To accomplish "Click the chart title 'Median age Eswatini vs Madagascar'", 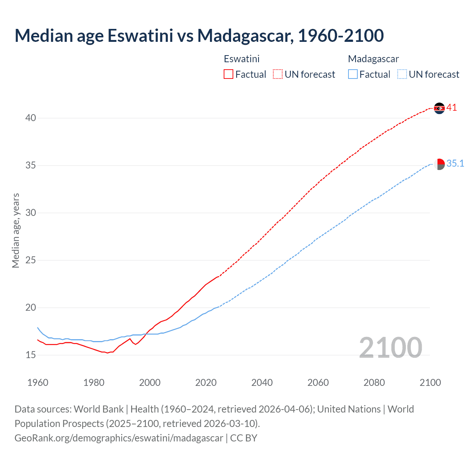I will coord(199,36).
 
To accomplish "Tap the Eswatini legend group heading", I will coord(241,59).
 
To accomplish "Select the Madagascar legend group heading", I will coord(373,59).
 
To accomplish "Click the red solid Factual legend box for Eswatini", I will coord(228,74).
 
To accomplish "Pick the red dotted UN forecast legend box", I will coord(278,74).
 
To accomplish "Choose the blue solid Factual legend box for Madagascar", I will coord(353,74).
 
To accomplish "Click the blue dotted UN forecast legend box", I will coord(402,74).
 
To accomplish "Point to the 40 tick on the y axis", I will coord(31,118).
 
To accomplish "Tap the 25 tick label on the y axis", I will coord(31,260).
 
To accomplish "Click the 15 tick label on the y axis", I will coord(31,355).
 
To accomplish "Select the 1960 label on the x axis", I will coord(38,383).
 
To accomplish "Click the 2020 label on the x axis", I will coord(206,383).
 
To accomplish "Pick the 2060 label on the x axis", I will coord(318,383).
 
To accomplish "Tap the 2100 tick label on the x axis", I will coord(430,383).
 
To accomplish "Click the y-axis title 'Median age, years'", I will coord(16,230).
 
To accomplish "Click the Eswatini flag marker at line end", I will coord(439,108).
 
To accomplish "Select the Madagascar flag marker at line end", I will coord(439,164).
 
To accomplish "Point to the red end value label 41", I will coord(451,108).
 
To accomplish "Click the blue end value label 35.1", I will coord(455,164).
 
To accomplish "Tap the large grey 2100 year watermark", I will coord(391,347).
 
